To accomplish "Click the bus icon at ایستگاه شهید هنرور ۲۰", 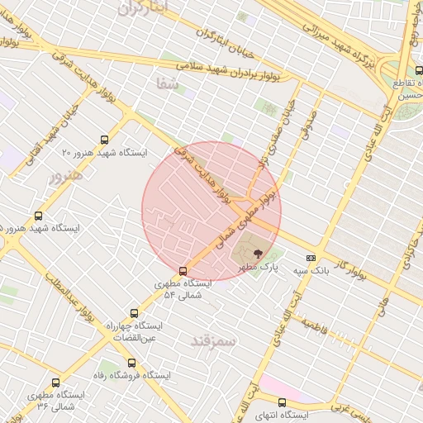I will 104,140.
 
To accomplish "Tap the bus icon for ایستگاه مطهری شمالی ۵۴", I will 183,270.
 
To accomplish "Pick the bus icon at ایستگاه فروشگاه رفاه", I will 131,363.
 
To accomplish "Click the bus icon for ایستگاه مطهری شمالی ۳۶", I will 56,383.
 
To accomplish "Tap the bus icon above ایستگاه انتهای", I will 283,402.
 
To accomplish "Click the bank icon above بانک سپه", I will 311,258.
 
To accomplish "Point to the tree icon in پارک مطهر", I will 259,253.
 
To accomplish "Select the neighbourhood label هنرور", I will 66,176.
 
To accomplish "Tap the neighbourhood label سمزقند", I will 213,340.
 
